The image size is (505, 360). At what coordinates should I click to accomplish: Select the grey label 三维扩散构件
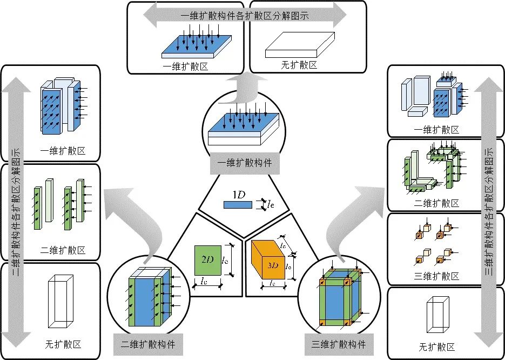point(339,344)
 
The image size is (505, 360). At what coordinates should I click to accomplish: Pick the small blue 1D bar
point(237,204)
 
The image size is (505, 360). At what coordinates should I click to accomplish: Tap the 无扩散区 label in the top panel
point(299,65)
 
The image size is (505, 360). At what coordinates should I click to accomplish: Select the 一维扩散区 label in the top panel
point(185,65)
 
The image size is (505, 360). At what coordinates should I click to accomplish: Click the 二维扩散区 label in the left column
point(63,250)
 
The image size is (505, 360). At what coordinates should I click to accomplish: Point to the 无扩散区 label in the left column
point(63,344)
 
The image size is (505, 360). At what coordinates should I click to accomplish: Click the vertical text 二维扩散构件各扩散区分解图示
point(16,211)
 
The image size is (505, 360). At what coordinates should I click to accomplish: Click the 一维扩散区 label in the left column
point(63,151)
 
